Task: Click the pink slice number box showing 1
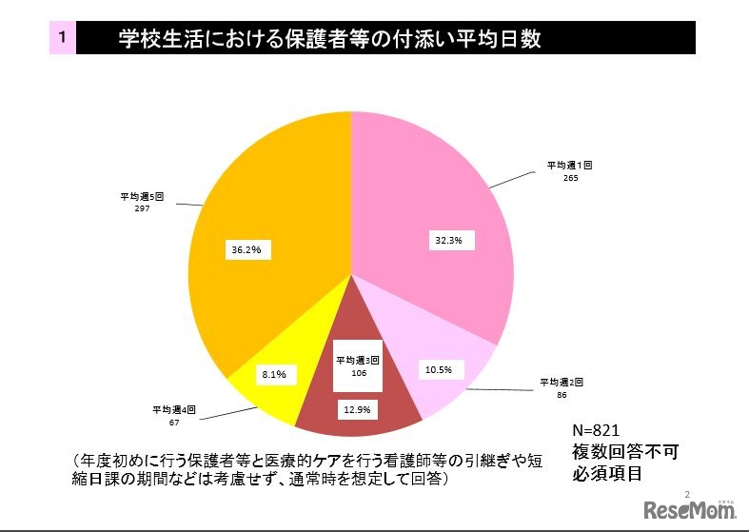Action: (61, 38)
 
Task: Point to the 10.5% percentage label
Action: (440, 368)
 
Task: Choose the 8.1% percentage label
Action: (274, 376)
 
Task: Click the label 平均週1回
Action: (569, 165)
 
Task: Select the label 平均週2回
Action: (562, 381)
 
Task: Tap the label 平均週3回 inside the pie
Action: (358, 361)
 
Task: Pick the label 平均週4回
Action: (174, 409)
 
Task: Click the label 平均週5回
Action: (142, 194)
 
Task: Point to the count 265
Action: (569, 177)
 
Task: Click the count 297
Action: (142, 207)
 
